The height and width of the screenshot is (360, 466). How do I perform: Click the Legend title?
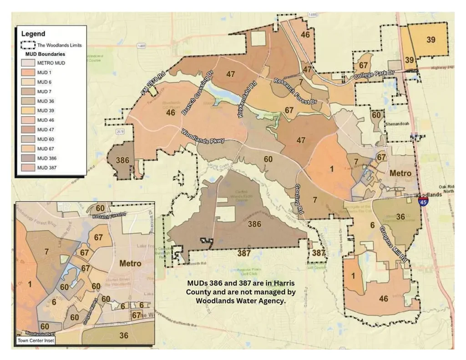point(33,34)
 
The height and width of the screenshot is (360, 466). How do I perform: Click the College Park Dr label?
point(375,74)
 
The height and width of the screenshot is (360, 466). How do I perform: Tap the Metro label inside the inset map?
point(130,263)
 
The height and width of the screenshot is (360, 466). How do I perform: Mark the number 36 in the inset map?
point(124,335)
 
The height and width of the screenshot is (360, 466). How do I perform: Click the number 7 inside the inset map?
point(46,251)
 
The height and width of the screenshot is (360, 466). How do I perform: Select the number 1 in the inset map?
point(30,284)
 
